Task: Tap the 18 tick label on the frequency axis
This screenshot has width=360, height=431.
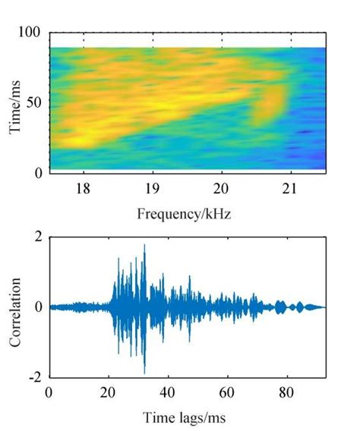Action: (84, 190)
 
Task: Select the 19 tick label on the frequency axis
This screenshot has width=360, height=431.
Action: (153, 190)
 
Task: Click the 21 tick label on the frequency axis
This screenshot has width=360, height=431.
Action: (291, 190)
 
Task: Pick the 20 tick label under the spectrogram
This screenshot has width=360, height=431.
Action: (222, 190)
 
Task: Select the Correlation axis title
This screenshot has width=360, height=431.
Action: (16, 307)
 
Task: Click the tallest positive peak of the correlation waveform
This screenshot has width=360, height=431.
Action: (144, 246)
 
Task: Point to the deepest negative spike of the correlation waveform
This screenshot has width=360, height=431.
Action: (144, 373)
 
